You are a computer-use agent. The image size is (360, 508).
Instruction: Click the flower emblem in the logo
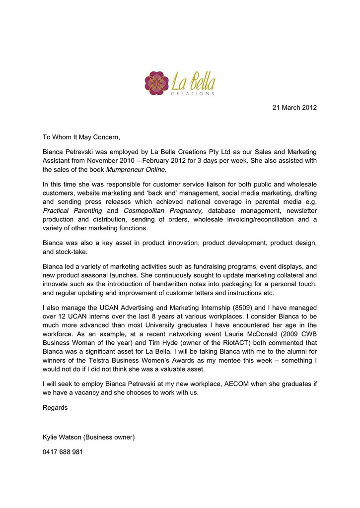tap(157, 83)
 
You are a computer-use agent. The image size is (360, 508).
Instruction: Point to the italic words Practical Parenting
tap(72, 210)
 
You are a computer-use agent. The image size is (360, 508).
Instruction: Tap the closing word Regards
tap(55, 408)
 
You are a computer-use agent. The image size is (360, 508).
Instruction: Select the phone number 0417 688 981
tap(63, 452)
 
